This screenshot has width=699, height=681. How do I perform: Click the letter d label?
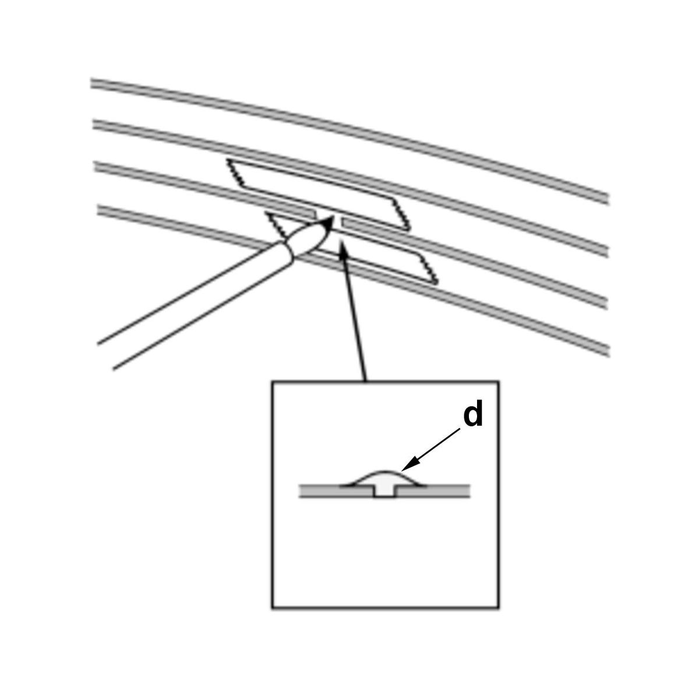point(473,416)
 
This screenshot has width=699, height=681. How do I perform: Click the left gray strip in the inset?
point(336,491)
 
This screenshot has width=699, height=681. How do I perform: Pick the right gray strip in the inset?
point(432,491)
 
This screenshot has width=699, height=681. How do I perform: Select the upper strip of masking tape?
point(318,194)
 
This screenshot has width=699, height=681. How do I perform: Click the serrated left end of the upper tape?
point(235,173)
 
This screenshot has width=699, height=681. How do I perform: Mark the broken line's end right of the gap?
point(343,222)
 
